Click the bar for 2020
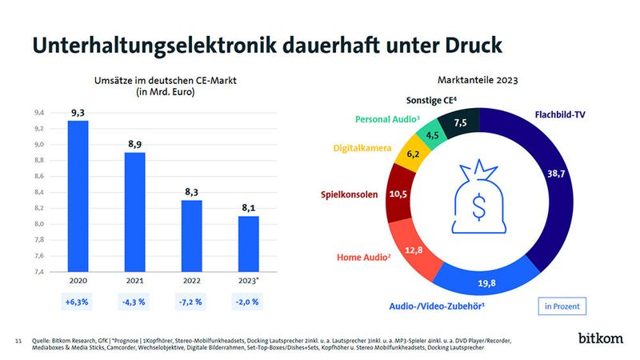pos(78,196)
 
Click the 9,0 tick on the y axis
pos(38,145)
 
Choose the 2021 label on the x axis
pos(135,282)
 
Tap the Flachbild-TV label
pos(561,114)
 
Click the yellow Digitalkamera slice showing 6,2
pos(413,154)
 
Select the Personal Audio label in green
pos(386,119)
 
